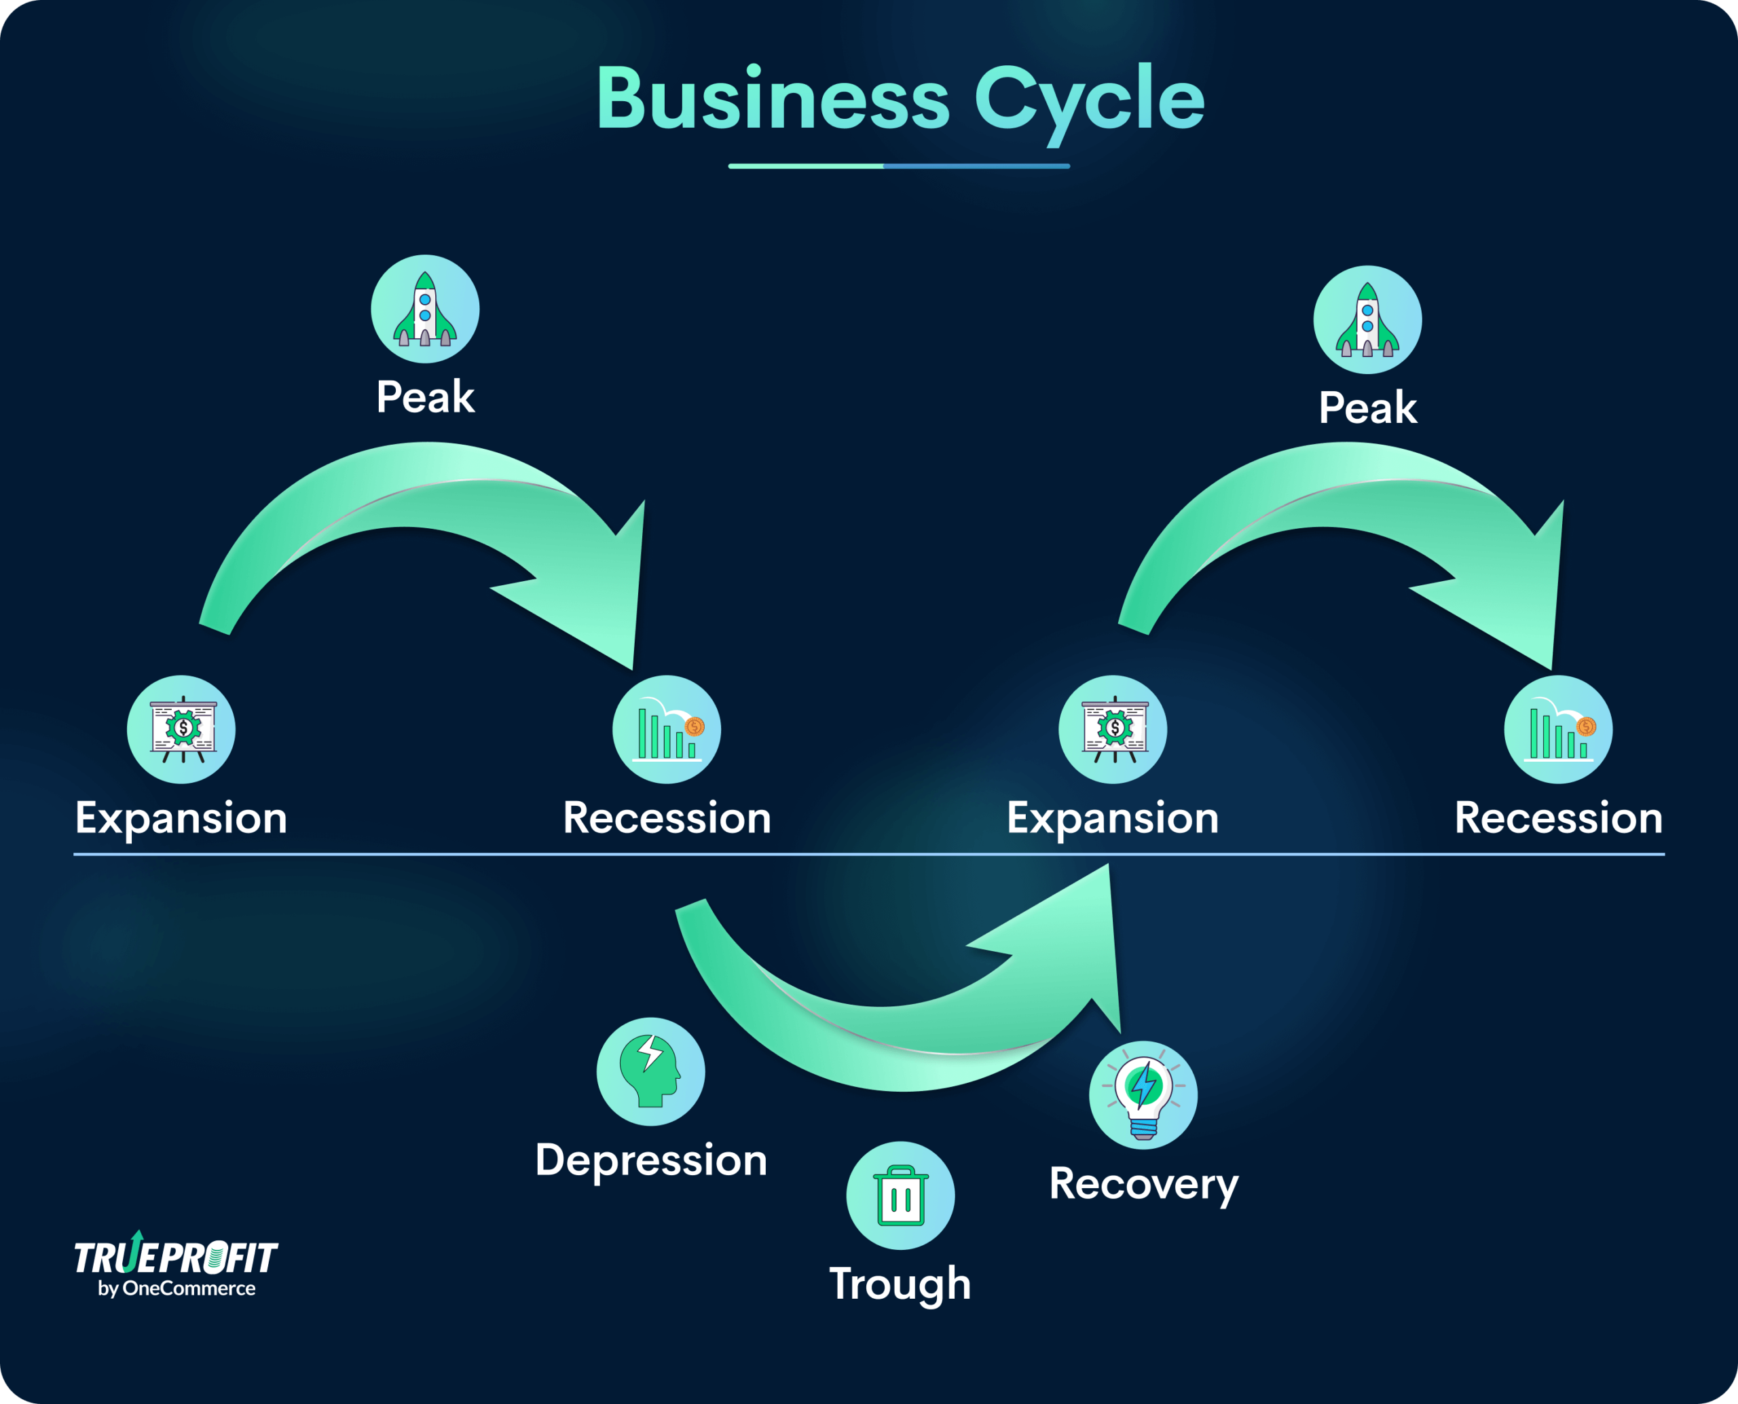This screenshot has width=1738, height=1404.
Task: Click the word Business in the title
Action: pos(773,100)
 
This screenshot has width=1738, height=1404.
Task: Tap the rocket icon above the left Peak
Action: pos(424,309)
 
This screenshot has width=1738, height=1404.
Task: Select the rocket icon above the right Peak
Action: pos(1367,320)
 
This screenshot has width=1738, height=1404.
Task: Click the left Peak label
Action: pos(426,397)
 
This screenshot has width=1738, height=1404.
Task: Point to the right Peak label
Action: pos(1367,407)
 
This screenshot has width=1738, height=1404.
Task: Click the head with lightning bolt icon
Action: pos(650,1071)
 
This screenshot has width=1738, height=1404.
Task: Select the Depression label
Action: pos(651,1160)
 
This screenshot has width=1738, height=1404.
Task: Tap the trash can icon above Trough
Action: pos(900,1196)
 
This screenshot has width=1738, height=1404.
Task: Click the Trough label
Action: pos(900,1285)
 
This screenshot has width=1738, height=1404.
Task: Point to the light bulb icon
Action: pos(1143,1095)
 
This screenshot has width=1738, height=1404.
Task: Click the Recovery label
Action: pos(1143,1184)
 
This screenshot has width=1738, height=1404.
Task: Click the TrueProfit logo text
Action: pos(177,1257)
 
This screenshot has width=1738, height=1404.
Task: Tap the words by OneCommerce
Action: pos(177,1289)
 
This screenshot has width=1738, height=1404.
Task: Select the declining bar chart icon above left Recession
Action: pos(667,730)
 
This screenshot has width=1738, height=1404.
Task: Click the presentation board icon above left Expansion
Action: pos(181,730)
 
